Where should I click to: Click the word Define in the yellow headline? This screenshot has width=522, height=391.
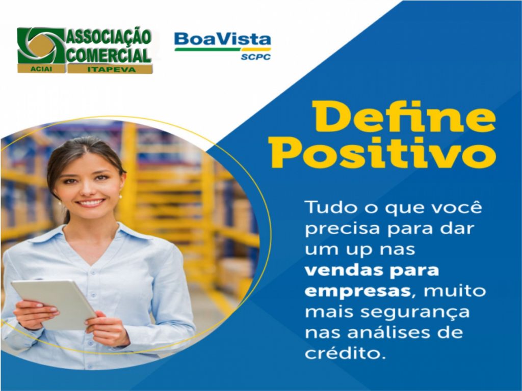pyautogui.click(x=404, y=117)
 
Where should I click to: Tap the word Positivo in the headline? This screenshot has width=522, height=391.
pyautogui.click(x=383, y=152)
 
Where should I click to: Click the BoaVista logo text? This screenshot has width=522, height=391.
pyautogui.click(x=222, y=39)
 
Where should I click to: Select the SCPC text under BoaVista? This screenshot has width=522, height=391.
pyautogui.click(x=256, y=57)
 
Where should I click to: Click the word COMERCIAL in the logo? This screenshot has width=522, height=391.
pyautogui.click(x=109, y=55)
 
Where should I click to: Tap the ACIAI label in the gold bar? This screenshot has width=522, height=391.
pyautogui.click(x=42, y=69)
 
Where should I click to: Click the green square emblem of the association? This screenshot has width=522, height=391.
pyautogui.click(x=41, y=45)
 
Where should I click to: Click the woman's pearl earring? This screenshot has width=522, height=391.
pyautogui.click(x=120, y=197)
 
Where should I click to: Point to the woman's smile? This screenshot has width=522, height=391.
pyautogui.click(x=90, y=203)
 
